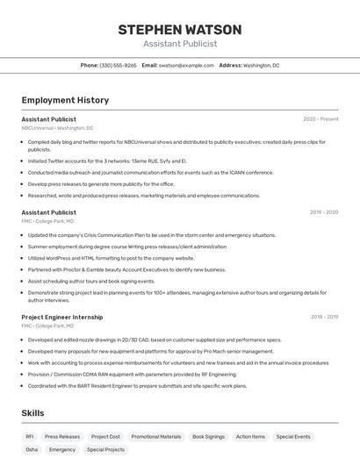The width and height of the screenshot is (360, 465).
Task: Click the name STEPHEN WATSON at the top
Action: [179, 30]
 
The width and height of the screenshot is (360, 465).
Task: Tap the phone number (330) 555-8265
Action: [118, 65]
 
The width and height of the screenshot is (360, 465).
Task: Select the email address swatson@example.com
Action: [186, 65]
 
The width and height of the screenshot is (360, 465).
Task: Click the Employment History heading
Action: [65, 100]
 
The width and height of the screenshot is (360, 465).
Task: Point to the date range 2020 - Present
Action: [320, 119]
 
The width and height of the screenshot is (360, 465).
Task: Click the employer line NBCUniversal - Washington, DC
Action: [57, 128]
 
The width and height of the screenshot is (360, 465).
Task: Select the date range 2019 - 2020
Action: [324, 212]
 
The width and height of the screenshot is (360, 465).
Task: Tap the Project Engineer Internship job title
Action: [61, 317]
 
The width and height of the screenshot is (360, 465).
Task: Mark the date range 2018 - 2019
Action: [324, 317]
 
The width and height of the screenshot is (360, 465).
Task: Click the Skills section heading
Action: [33, 412]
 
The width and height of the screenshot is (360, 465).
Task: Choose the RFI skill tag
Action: [30, 436]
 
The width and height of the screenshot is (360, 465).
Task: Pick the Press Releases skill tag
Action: [62, 436]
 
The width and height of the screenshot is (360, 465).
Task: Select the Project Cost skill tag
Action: [105, 436]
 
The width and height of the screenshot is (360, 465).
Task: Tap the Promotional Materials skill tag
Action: [156, 436]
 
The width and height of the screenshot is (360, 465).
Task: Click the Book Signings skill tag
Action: [208, 436]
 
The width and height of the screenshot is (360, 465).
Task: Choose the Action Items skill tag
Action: [250, 436]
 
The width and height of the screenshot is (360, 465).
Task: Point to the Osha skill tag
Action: [32, 449]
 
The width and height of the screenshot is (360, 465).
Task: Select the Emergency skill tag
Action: [62, 449]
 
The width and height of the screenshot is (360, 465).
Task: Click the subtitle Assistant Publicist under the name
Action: [179, 44]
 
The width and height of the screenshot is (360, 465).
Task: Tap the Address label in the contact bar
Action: [230, 65]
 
